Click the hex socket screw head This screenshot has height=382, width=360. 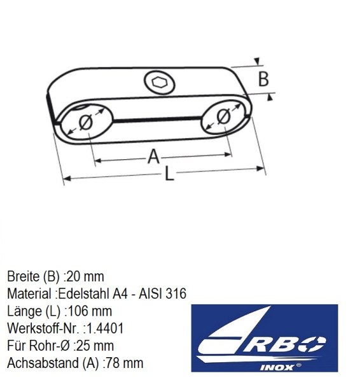pyautogui.click(x=160, y=83)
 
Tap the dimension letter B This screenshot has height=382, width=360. pyautogui.click(x=263, y=79)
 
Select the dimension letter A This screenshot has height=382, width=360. pyautogui.click(x=154, y=157)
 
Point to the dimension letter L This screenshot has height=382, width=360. pyautogui.click(x=169, y=173)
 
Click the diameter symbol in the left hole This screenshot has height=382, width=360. pyautogui.click(x=86, y=122)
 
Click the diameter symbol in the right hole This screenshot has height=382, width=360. pyautogui.click(x=223, y=117)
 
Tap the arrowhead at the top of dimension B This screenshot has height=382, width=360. pyautogui.click(x=257, y=61)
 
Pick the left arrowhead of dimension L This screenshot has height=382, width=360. pyautogui.click(x=67, y=178)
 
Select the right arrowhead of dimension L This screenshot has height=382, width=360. pyautogui.click(x=261, y=168)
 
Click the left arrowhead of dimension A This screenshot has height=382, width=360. pyautogui.click(x=97, y=160)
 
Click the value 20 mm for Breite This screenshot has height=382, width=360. pyautogui.click(x=85, y=277)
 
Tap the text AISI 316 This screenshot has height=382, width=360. pyautogui.click(x=162, y=294)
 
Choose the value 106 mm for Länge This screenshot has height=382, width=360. pyautogui.click(x=90, y=311)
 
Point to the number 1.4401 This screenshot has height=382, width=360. pyautogui.click(x=105, y=329)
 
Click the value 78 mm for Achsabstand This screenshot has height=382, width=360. pyautogui.click(x=124, y=363)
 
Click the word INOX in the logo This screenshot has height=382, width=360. pyautogui.click(x=276, y=367)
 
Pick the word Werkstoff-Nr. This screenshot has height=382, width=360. pyautogui.click(x=43, y=329)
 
